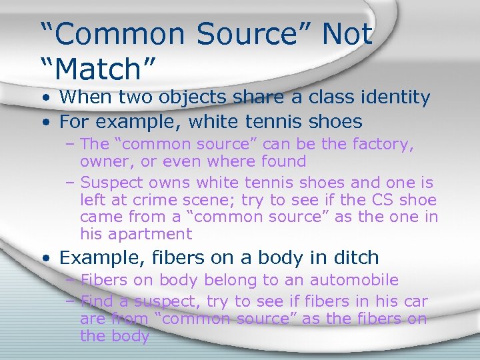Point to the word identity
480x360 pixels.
click(394, 97)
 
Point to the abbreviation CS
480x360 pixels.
click(385, 199)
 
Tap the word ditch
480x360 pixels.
click(357, 257)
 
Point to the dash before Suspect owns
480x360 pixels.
click(70, 183)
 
